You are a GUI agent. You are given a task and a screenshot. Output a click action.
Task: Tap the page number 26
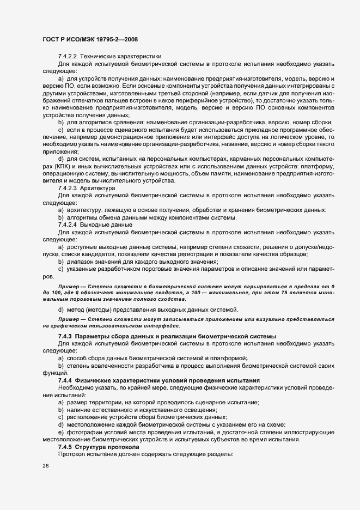[46, 466]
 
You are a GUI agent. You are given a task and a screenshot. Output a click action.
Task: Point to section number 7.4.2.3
[68, 187]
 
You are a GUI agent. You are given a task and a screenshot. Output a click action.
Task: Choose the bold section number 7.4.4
[65, 379]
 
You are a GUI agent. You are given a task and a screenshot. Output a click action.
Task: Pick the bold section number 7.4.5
[65, 446]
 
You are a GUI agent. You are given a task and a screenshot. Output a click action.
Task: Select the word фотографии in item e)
[82, 432]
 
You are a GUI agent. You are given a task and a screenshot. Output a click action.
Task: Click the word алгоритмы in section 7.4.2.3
[81, 217]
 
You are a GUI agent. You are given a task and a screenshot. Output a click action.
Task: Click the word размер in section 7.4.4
[76, 402]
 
